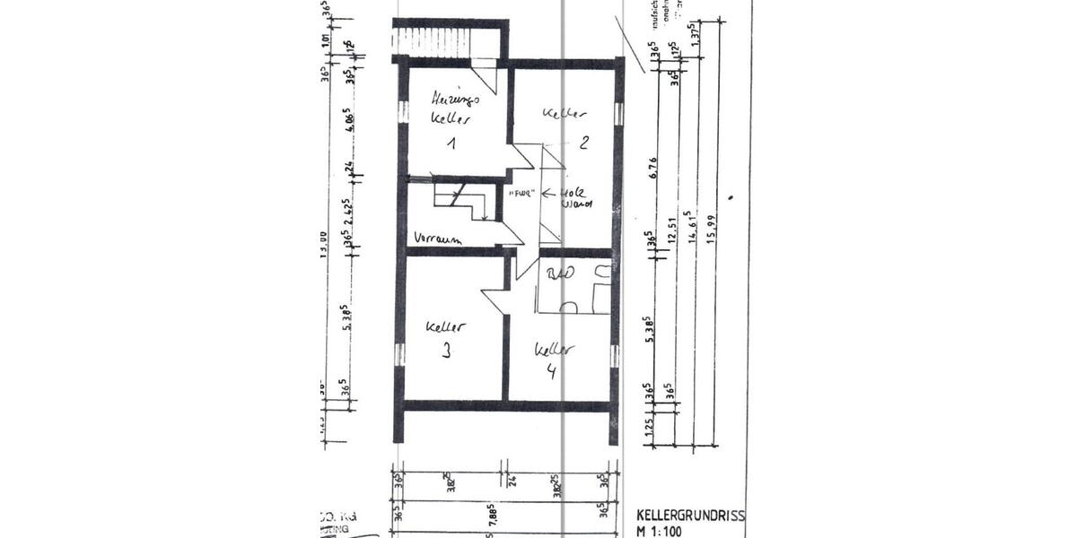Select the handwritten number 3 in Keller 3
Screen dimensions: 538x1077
click(446, 352)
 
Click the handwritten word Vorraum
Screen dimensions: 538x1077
click(437, 239)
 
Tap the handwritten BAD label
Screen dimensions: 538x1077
click(559, 273)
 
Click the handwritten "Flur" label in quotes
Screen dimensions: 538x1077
click(521, 194)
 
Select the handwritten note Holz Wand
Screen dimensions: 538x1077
click(574, 198)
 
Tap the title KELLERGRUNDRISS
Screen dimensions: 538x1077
click(690, 516)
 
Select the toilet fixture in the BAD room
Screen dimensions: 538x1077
click(566, 306)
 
